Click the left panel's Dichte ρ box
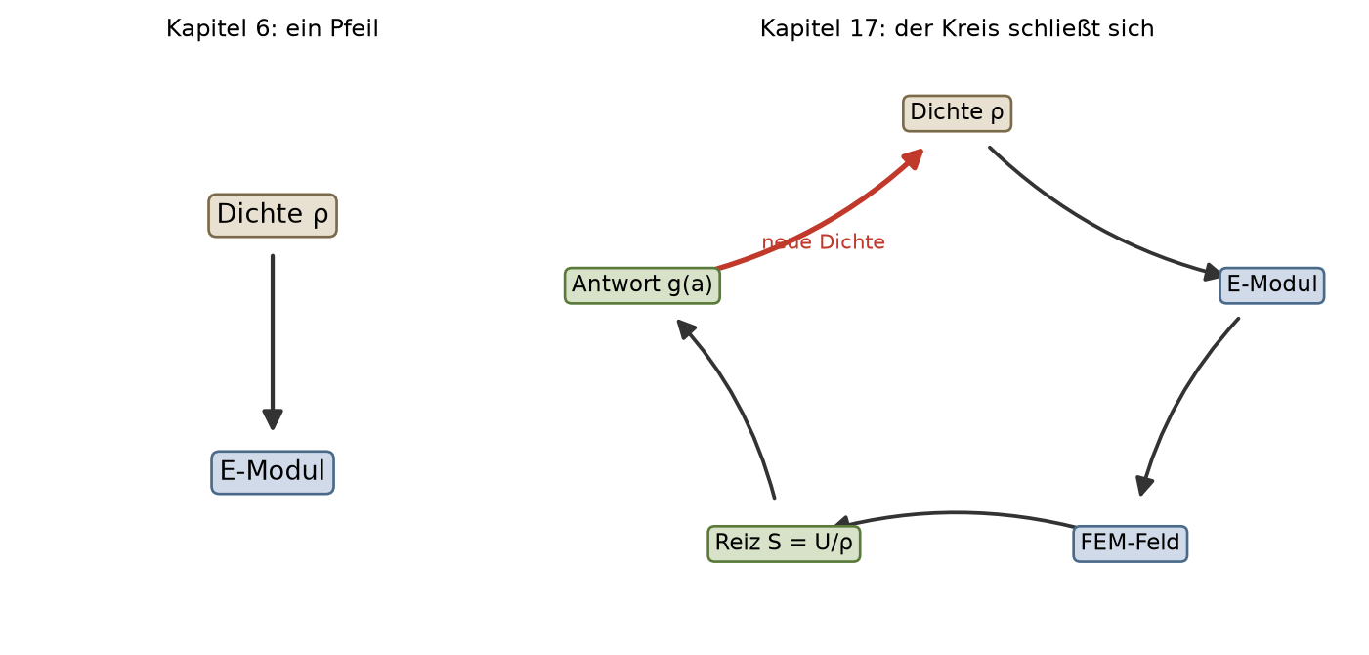coord(273,215)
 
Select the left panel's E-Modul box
coord(273,472)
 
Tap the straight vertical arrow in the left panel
coord(273,342)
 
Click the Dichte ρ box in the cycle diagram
coord(957,113)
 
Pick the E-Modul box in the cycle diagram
coord(1272,285)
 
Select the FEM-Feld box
coord(1130,544)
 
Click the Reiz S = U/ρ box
coord(784,544)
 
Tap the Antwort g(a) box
coord(642,285)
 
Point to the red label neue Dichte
coord(823,242)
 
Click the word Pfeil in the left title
coord(354,28)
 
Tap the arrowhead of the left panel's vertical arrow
coord(273,419)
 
